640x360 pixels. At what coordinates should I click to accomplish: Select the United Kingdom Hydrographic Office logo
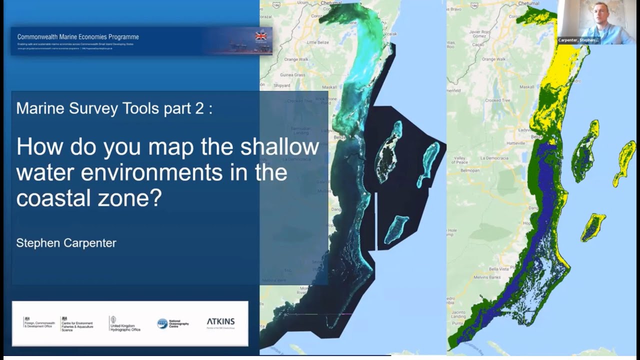tap(125, 324)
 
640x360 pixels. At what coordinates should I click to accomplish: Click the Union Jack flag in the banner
tap(261, 36)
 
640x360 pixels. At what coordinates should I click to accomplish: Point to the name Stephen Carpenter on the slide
tap(66, 243)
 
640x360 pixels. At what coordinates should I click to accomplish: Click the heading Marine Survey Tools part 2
tap(114, 108)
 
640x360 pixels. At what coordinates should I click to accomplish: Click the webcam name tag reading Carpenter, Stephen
tap(578, 40)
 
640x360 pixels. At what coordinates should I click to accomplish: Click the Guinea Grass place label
tap(293, 75)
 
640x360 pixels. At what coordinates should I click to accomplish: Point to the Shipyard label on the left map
tap(281, 85)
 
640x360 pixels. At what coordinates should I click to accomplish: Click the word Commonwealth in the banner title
tap(38, 37)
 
